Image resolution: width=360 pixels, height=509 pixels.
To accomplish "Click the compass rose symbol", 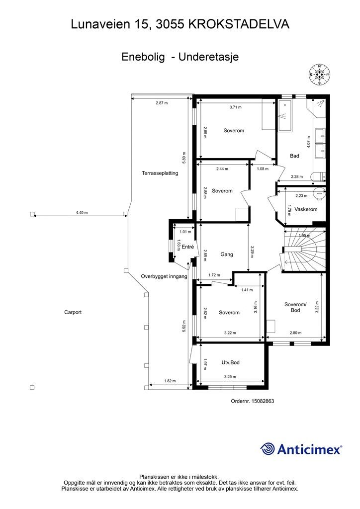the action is [319, 75].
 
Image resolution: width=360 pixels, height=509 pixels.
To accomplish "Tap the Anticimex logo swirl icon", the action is [268, 449].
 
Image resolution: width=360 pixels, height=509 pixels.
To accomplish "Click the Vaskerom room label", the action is [306, 209].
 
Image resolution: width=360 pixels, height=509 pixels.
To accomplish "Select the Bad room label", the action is [294, 156].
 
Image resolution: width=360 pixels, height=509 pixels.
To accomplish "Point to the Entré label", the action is [187, 247].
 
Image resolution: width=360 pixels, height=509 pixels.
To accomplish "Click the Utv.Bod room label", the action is [231, 362].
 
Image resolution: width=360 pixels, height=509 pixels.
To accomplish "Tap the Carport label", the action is [73, 312].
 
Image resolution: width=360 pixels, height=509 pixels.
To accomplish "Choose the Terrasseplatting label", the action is [160, 173].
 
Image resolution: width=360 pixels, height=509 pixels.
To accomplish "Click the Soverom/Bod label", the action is [295, 307].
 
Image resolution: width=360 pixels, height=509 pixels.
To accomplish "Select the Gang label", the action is [227, 254].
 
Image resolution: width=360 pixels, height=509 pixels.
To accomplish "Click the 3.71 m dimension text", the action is [235, 107].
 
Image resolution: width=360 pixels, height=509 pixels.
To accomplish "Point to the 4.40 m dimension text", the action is [82, 213].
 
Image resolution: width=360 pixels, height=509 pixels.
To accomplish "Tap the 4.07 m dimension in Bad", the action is [308, 142].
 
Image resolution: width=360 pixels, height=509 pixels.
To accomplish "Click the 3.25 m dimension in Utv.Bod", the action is [230, 377].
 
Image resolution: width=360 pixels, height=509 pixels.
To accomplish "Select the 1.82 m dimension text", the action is [170, 381].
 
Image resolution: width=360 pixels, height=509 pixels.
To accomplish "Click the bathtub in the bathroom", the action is [284, 116].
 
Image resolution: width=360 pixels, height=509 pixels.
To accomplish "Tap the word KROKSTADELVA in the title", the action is [239, 24].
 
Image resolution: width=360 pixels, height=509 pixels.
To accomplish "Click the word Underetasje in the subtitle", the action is [209, 57].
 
